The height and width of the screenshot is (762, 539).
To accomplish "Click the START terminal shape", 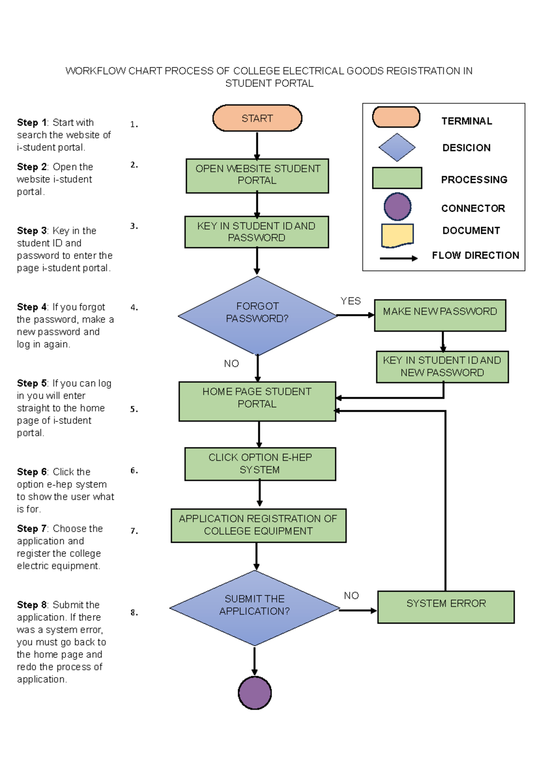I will [x=257, y=118].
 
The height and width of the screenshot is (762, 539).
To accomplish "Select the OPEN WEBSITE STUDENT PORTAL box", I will [x=257, y=176].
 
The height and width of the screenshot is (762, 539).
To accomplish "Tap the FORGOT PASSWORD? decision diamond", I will [x=257, y=315].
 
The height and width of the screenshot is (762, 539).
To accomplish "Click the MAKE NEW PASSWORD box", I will [x=440, y=315].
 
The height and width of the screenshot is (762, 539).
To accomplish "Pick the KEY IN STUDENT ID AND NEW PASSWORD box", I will [x=442, y=367].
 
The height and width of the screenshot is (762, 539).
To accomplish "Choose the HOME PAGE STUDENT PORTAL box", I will [x=257, y=401].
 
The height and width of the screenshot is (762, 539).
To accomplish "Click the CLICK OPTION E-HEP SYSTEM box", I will [x=260, y=464].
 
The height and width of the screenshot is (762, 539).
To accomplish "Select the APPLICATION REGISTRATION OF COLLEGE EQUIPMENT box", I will [x=258, y=525].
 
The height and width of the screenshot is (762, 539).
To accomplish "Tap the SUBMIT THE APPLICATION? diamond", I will [x=255, y=608].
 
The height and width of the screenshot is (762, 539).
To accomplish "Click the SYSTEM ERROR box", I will [x=446, y=607].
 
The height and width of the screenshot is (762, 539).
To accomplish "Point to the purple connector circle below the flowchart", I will [x=255, y=692].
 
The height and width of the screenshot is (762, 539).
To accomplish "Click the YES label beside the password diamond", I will [x=350, y=301].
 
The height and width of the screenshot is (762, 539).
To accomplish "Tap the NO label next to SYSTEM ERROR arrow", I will [x=351, y=595].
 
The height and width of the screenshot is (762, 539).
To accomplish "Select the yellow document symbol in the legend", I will [x=397, y=235].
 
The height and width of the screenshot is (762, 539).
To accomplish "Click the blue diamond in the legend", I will [x=397, y=147].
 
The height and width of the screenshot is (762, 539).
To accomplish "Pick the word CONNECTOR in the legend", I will [x=473, y=208].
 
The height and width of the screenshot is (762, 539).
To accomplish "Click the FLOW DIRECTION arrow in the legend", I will [x=398, y=258].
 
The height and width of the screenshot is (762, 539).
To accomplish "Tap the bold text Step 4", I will [x=31, y=307].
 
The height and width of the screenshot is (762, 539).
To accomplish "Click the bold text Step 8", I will [x=31, y=605].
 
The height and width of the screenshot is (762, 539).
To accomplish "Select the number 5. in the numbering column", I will [x=134, y=409].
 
